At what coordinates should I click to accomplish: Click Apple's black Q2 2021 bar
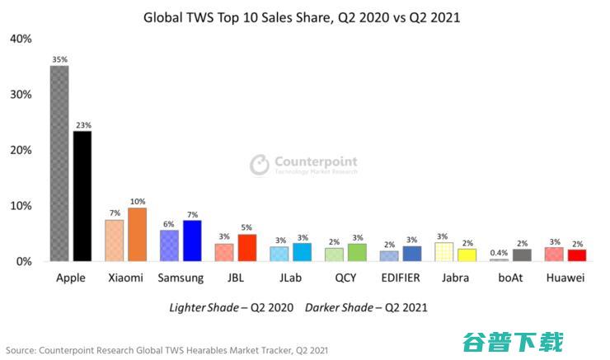coord(82,196)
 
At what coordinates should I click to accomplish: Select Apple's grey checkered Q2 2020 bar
coord(59,163)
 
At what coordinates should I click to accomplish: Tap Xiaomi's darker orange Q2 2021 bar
coord(137,234)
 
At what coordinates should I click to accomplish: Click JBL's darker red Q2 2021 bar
coord(246,247)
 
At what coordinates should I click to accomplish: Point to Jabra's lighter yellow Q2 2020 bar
coord(444,251)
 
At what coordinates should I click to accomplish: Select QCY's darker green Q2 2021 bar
coord(357,252)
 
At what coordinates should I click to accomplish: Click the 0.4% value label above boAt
coord(499,253)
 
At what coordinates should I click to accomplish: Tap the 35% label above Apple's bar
coord(59,60)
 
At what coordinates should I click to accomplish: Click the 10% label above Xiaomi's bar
coord(137,202)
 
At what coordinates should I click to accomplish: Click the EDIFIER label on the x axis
coord(401,278)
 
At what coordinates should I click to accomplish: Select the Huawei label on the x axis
coord(565,278)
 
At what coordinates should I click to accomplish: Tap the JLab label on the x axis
coord(290,278)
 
